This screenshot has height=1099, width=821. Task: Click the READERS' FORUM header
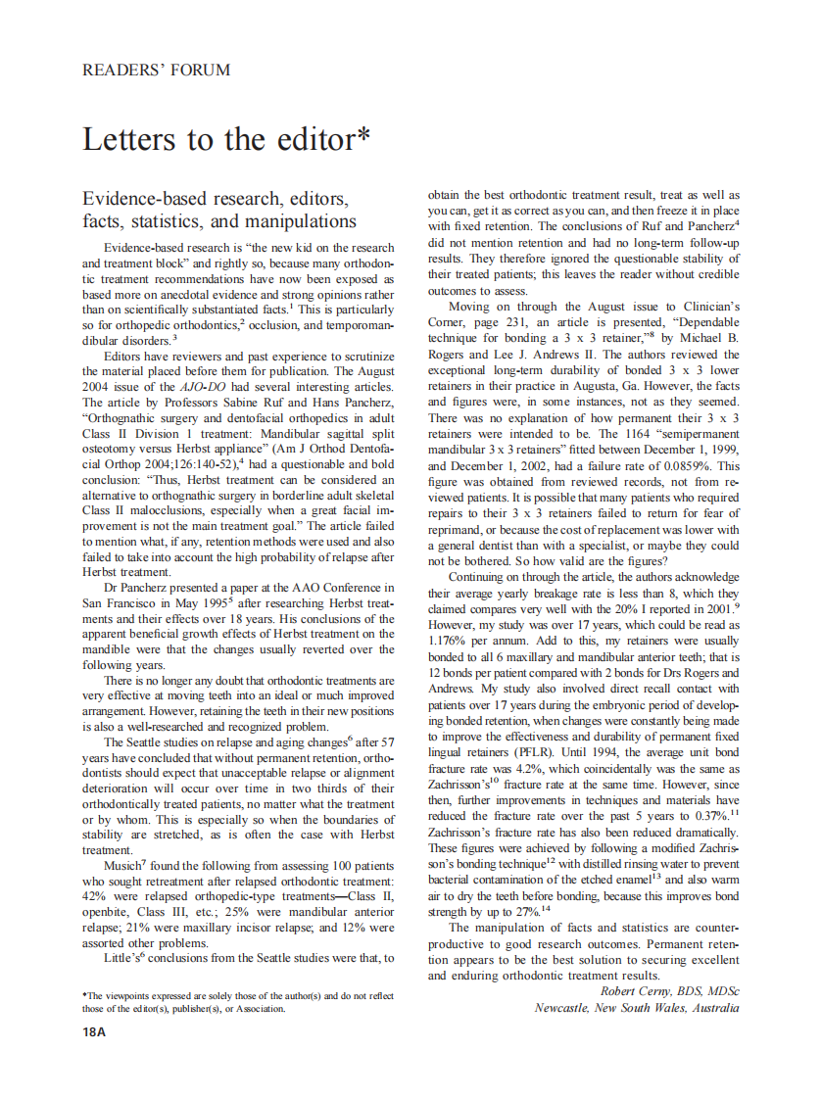(x=157, y=70)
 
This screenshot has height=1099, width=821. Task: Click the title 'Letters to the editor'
(x=226, y=139)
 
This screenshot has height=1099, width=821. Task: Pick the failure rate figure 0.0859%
(x=712, y=466)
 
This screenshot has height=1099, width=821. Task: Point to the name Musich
(x=123, y=866)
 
